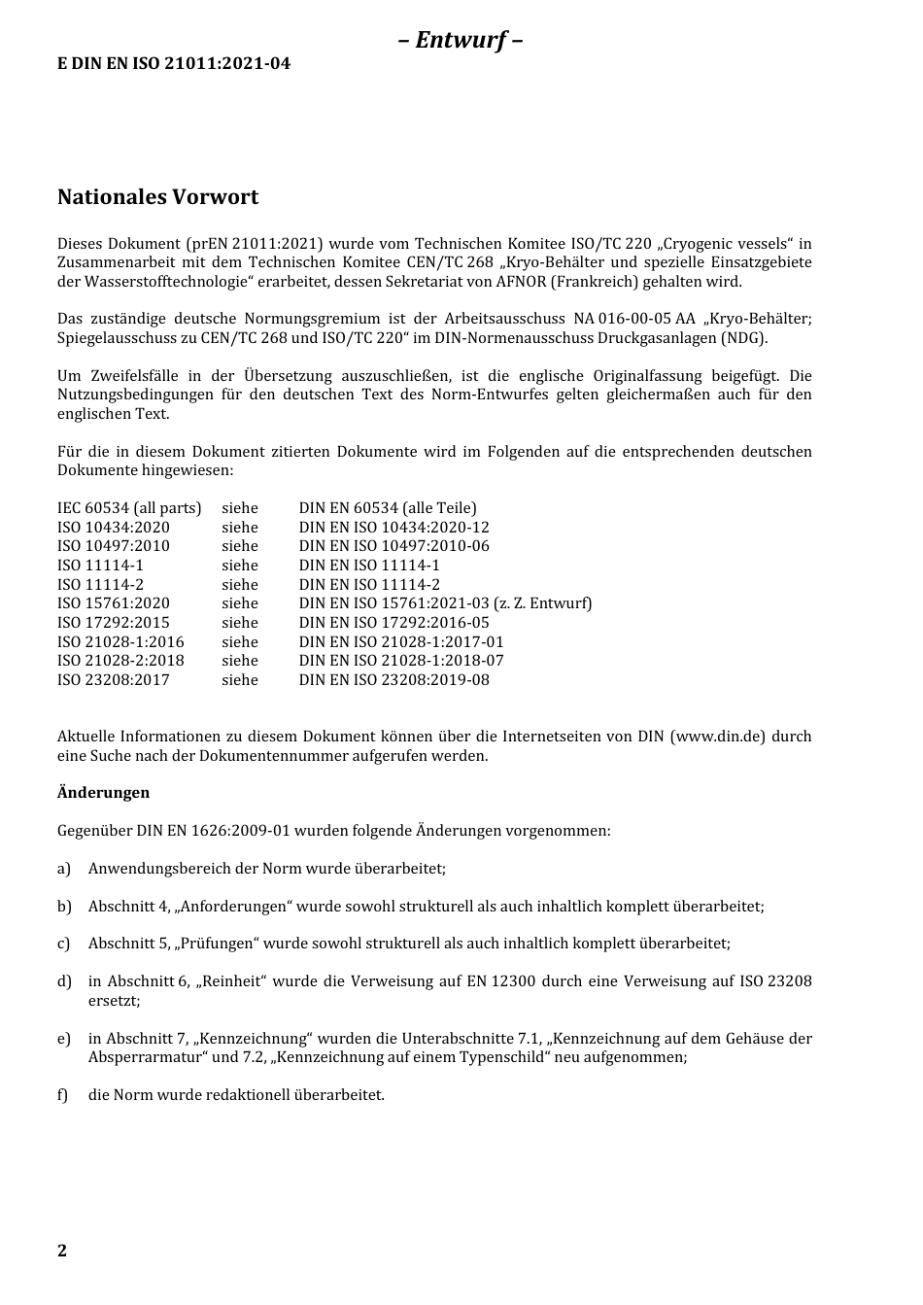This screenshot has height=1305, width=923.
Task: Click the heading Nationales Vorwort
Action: [157, 197]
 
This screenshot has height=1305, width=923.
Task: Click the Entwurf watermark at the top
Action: [461, 40]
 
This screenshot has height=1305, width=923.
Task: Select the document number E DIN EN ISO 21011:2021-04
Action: [174, 64]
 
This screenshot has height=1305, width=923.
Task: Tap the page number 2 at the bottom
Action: [62, 1251]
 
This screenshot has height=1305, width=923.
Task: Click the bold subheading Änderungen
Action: [103, 793]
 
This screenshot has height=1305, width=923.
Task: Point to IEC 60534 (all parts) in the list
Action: [129, 508]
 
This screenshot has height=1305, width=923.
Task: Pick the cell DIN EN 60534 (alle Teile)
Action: [388, 508]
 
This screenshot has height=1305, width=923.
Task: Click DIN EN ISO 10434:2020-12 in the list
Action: [393, 528]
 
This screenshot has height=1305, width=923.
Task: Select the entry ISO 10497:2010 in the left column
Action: [113, 546]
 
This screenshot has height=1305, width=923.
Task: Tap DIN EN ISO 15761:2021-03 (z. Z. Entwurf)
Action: [445, 603]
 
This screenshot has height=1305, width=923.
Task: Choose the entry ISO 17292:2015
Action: [113, 623]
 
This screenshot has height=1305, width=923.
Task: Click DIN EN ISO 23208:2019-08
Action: [393, 680]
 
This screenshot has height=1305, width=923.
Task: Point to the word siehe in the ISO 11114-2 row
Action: [240, 585]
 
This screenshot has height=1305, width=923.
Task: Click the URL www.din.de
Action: [717, 737]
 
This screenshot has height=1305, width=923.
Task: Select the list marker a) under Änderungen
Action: [64, 869]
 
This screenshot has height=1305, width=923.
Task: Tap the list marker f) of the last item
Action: [63, 1095]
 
